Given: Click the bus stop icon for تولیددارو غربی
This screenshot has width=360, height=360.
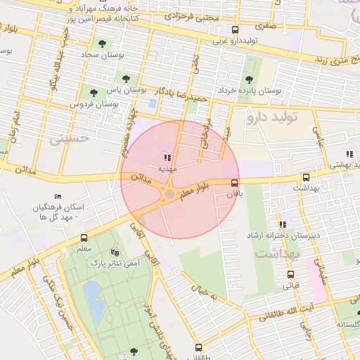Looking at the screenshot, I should tap(235, 30).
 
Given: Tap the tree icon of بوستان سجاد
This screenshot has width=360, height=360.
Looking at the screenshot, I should tap(102, 44).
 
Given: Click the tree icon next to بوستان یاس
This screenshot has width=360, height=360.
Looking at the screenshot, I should tap(127, 79).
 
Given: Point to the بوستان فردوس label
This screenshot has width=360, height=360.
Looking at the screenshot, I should tap(92, 104).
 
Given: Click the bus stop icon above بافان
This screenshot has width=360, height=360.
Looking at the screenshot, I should tap(234, 182).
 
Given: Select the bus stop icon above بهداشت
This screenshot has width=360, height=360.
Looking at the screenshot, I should tap(306, 178).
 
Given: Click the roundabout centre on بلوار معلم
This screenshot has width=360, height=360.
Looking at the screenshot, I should tap(169, 194).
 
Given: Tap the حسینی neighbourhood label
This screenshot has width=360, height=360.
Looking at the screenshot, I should tap(69, 138).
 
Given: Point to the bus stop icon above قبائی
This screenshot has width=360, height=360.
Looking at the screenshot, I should tap(291, 275).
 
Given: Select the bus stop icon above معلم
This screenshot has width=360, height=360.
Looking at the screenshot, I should tap(84, 238).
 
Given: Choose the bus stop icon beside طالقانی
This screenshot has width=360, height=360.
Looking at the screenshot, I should tap(198, 347).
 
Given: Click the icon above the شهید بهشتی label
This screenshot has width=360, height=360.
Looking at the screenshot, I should tap(349, 154).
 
